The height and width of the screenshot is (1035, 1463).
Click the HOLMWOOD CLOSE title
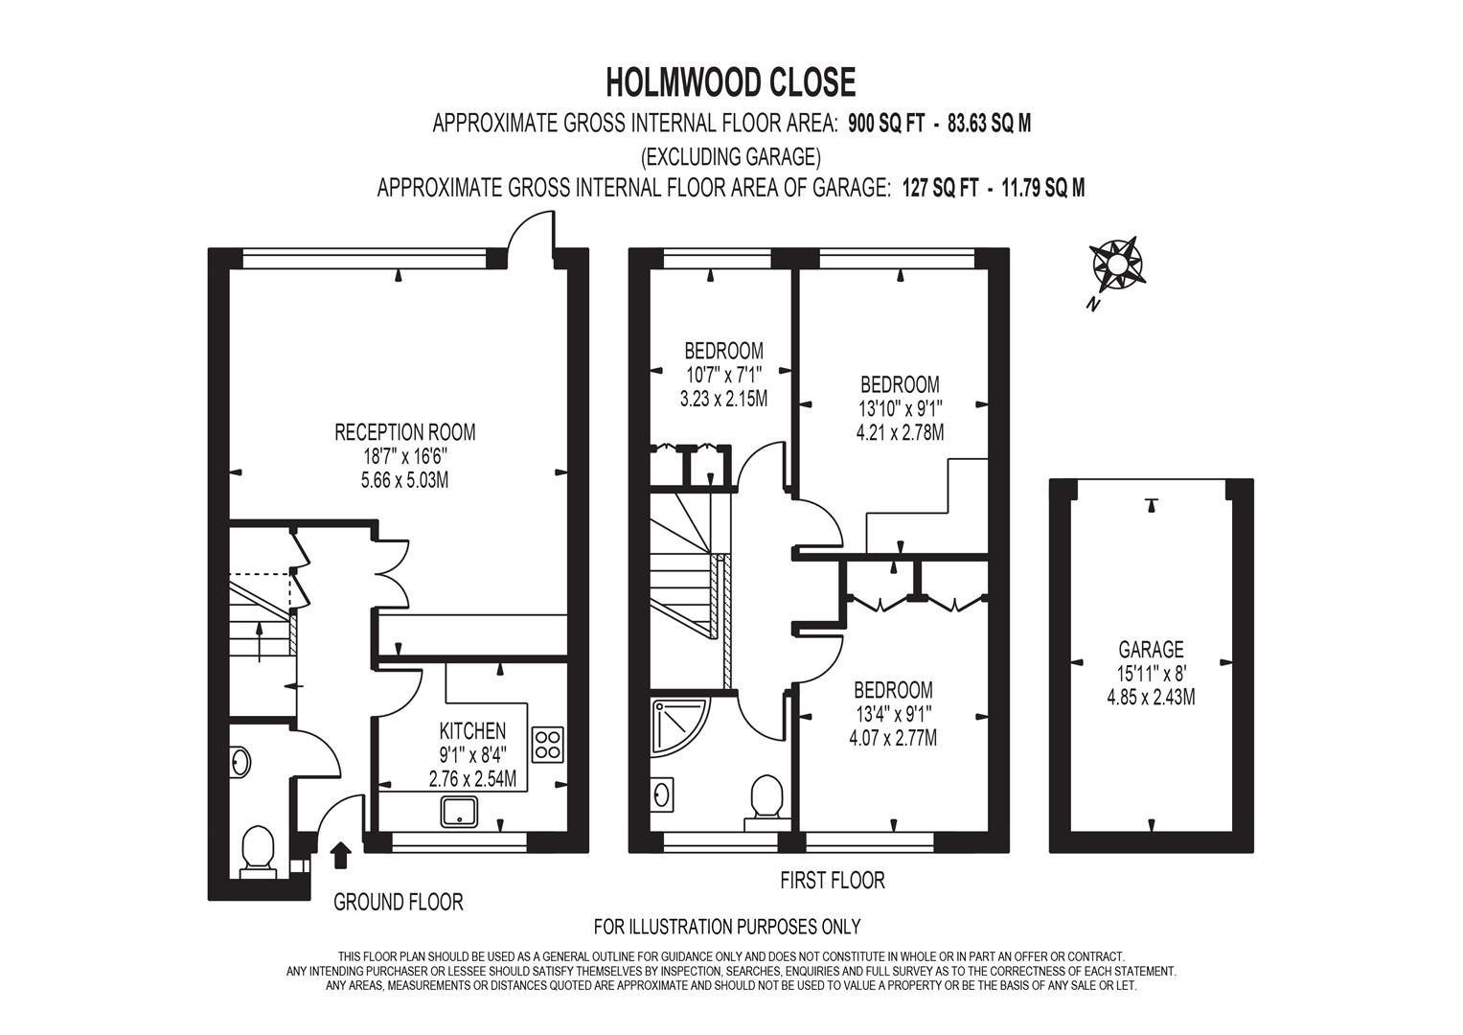pos(731,82)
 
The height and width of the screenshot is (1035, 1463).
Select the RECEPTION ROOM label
pos(405,432)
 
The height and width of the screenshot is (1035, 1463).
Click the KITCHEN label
pos(472,730)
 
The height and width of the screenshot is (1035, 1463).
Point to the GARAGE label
pos(1151,649)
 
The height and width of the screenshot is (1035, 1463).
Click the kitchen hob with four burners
pos(548,745)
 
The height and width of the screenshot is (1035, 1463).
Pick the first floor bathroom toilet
pos(766,803)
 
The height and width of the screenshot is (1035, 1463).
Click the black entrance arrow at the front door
pos(341,855)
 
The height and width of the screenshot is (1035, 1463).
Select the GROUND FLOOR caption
pos(398,903)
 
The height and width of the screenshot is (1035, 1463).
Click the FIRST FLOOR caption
pos(833,880)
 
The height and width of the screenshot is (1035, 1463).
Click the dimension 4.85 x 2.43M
pos(1151,697)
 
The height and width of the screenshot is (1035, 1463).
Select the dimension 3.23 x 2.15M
pos(723,398)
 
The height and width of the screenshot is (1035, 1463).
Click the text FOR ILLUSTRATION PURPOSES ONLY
pos(727,926)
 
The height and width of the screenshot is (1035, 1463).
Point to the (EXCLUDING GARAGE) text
pos(731,156)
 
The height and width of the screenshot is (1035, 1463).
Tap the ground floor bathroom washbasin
pos(241,763)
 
